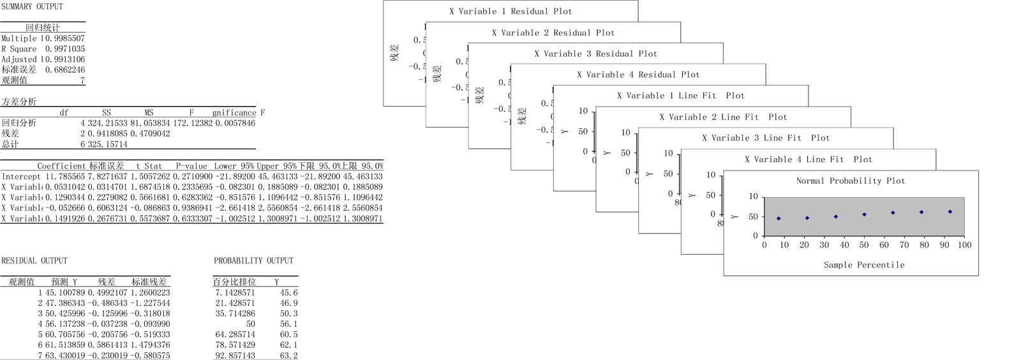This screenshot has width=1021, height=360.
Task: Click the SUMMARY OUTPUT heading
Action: coord(32,6)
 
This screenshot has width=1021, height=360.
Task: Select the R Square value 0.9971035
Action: coord(65,49)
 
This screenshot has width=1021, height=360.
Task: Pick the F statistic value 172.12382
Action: coord(193,123)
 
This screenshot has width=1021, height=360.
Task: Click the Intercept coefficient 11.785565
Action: coord(65,176)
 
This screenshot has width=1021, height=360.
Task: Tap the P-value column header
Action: coord(191,166)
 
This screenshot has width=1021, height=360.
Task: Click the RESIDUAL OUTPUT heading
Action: coord(34,260)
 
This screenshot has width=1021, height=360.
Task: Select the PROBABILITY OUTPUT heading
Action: coord(253,260)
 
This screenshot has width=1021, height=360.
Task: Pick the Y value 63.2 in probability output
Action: coord(288,355)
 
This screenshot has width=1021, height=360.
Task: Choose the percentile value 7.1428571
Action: coord(235,292)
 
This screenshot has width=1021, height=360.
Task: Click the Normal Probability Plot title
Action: coord(851,181)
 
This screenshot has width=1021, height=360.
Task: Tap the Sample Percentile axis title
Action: coord(863,264)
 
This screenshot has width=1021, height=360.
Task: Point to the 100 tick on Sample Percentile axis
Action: coord(964,244)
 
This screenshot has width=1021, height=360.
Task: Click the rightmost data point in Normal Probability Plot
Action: coord(950,211)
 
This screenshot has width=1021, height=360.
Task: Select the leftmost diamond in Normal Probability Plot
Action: coord(779,218)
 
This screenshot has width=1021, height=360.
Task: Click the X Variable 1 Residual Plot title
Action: coord(511,11)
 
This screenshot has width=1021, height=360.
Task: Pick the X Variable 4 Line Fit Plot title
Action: coord(808,159)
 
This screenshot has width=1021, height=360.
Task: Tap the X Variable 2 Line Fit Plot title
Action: coord(723,117)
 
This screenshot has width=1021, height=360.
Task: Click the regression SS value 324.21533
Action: coord(107,123)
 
